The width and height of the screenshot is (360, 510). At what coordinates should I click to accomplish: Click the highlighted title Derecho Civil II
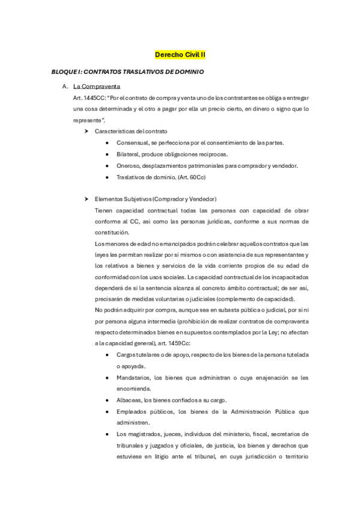[180, 55]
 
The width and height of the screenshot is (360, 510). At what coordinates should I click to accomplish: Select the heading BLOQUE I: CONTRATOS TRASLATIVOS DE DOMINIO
[127, 72]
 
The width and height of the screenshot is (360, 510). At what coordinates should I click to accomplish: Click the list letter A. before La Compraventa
[65, 87]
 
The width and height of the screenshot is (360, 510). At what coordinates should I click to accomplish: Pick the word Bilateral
[128, 154]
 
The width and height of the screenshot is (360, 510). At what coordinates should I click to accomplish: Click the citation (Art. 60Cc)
[187, 177]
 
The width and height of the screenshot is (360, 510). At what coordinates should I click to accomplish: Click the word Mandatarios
[134, 378]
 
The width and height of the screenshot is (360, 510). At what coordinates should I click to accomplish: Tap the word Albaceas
[129, 400]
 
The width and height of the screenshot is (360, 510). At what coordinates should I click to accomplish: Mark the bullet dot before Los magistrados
[106, 434]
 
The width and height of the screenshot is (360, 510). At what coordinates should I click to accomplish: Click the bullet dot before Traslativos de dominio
[106, 177]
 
